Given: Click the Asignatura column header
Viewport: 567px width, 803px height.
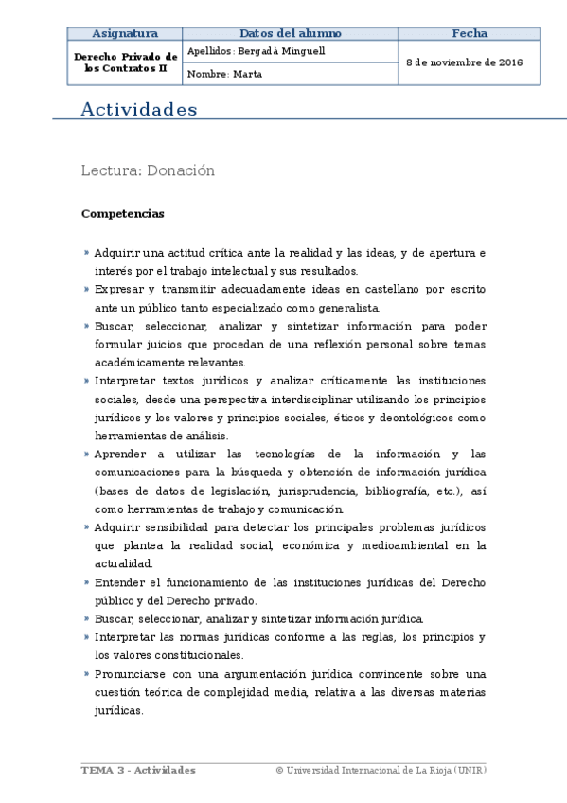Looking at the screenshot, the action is point(125,33).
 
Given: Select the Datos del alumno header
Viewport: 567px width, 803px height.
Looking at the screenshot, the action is point(291,33).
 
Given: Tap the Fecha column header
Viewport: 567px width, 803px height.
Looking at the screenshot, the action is point(470,33).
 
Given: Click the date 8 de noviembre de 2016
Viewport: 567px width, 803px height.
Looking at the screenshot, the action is point(465,62).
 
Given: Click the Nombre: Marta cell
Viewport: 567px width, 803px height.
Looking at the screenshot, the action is point(225,74).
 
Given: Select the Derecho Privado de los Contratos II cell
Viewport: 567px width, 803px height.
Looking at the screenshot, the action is point(125,62).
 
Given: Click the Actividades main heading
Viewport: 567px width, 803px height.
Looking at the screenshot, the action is point(139,110).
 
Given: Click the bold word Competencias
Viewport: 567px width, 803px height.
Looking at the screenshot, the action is point(122,214).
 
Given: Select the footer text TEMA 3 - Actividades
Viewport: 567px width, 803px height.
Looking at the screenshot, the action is point(138,771).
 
